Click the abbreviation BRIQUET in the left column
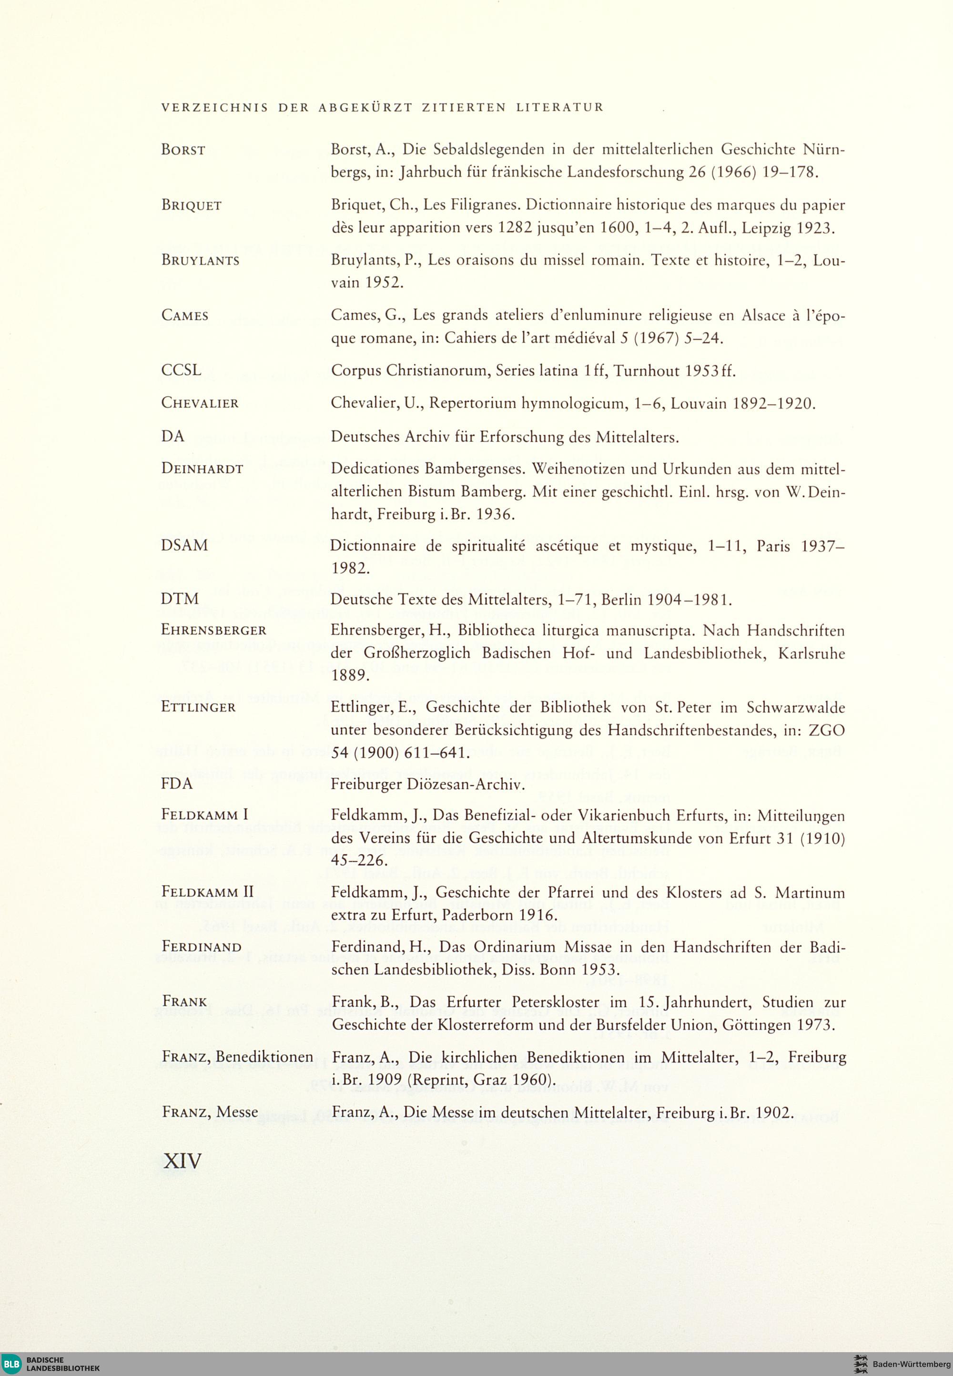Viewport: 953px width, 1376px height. point(191,205)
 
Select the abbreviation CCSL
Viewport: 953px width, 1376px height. point(181,370)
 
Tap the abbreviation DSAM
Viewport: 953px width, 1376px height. point(184,545)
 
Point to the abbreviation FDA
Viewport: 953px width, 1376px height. point(177,784)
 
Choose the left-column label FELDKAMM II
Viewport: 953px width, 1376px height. point(207,892)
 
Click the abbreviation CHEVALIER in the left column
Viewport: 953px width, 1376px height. point(200,403)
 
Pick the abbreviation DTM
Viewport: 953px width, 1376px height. point(180,599)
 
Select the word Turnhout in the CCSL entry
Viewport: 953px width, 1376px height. point(647,371)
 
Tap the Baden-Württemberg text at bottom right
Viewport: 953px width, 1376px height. point(911,1365)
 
